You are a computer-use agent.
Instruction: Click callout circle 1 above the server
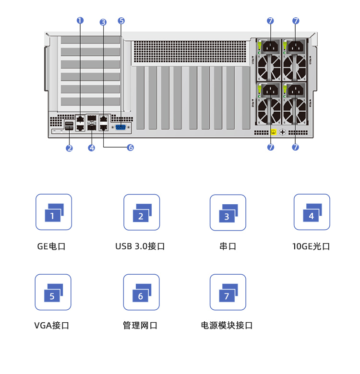80,21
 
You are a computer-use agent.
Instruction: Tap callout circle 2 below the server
70,148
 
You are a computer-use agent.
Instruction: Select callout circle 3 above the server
103,22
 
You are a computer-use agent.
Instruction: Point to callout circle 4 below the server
92,148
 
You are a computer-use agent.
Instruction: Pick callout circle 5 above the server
121,21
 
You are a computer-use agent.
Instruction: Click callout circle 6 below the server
130,148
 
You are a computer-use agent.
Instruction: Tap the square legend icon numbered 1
54,212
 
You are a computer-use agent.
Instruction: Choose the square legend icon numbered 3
228,212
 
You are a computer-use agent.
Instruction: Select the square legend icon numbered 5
53,292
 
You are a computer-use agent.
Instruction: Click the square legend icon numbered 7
228,292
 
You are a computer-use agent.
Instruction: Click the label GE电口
51,247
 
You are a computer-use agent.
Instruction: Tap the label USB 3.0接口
140,247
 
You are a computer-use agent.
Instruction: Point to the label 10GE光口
311,247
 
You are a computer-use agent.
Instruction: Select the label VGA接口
52,326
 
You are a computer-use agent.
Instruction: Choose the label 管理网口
140,326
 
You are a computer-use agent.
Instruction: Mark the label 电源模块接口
227,326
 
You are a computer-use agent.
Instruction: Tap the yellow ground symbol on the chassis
273,132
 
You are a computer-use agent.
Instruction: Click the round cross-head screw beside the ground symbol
283,132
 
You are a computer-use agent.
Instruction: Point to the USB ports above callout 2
69,127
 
